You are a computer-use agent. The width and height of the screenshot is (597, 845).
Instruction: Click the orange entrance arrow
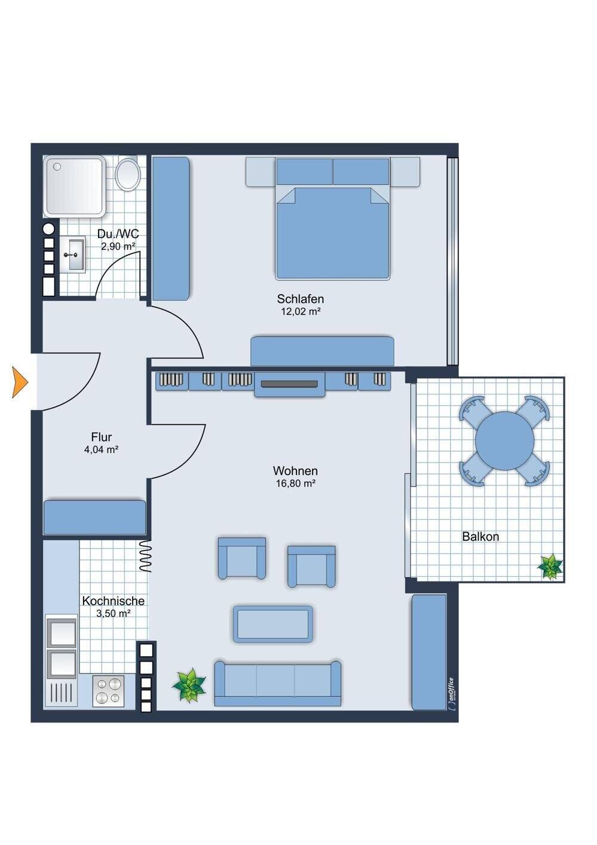click(20, 382)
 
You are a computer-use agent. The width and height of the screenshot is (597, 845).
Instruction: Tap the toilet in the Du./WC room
click(128, 174)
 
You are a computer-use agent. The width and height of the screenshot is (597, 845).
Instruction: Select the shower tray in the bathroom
click(74, 186)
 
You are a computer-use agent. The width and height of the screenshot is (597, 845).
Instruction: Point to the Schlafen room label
click(300, 299)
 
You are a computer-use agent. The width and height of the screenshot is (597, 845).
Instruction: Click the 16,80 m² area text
click(295, 483)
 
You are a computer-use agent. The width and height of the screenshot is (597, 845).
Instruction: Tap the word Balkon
click(480, 537)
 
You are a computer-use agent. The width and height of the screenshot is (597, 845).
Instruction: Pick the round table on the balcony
click(504, 440)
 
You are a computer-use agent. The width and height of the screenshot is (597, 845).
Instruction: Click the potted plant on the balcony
click(551, 567)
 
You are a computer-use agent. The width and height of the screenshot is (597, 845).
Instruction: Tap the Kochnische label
click(113, 601)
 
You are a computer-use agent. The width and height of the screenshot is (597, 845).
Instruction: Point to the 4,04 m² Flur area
click(101, 449)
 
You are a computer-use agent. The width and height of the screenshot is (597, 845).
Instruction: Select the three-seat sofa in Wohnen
click(277, 683)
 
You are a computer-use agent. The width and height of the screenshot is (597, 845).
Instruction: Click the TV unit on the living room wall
click(289, 384)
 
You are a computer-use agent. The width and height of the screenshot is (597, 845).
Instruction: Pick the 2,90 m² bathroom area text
click(118, 246)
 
